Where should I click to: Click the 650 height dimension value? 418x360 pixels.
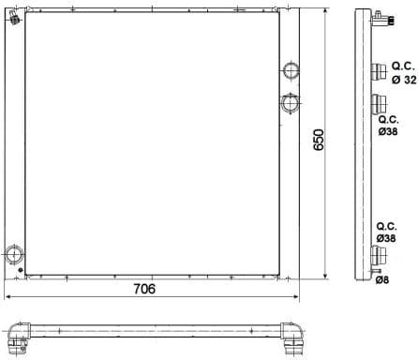pos(318,141)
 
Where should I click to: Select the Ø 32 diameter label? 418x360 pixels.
pos(404,80)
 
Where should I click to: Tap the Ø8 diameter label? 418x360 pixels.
pos(381,279)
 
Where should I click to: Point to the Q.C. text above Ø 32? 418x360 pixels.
pos(403,66)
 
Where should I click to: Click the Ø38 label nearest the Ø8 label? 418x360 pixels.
pos(387,239)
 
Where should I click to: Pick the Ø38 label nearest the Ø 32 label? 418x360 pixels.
pos(387,132)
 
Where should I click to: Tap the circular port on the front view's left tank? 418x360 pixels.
pos(13,253)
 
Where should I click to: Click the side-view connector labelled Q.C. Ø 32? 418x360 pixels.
pos(379,74)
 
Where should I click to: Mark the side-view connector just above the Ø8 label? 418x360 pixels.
pos(379,256)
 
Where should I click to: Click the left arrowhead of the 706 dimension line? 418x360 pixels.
pos(8,297)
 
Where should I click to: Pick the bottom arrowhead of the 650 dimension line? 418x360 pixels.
pos(325,276)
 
